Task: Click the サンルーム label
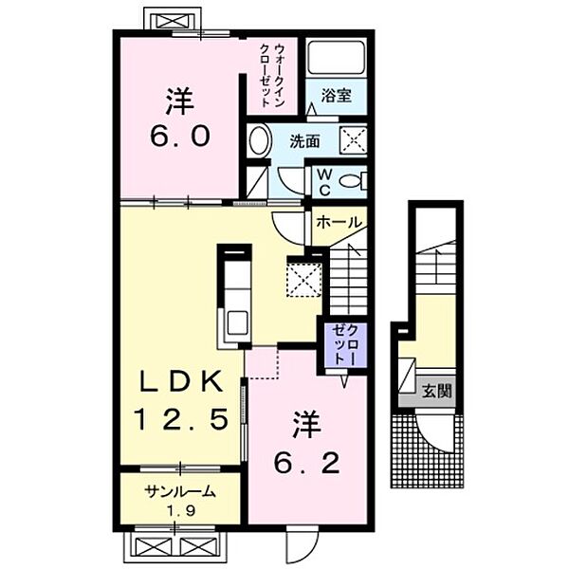(x=179, y=492)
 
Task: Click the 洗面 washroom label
(x=304, y=141)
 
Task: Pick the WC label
(x=322, y=180)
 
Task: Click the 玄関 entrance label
(x=437, y=390)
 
